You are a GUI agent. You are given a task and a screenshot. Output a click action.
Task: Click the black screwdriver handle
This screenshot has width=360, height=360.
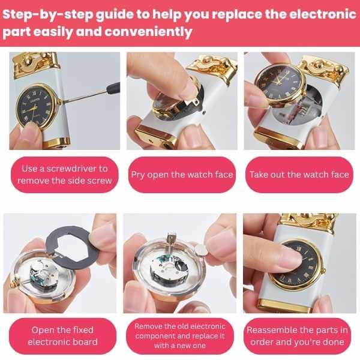tap(113, 88)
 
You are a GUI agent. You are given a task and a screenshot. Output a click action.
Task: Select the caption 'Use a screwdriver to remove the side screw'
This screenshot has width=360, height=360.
tap(65, 175)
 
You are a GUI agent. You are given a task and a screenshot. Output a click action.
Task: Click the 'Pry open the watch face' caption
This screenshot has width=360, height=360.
tap(182, 175)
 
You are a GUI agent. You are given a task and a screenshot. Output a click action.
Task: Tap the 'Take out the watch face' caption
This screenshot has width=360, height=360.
tap(299, 175)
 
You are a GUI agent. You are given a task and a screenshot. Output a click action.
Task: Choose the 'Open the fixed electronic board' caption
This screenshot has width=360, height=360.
tap(62, 336)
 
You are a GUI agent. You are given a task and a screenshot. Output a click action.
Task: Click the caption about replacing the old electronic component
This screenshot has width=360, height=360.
tap(180, 336)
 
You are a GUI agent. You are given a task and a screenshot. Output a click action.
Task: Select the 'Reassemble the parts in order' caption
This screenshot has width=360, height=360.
tap(298, 336)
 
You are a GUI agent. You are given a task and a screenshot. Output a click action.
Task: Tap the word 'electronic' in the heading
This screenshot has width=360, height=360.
tap(323, 14)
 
